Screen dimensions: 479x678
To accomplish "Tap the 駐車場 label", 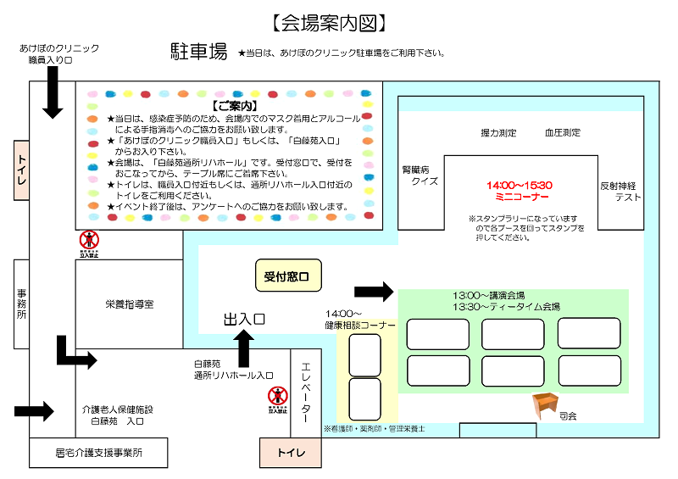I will pos(198,52).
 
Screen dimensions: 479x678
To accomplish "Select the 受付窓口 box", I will pos(289,276).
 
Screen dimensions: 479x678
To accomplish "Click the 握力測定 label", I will pos(498,133).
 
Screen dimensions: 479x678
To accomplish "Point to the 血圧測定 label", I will pos(563,133).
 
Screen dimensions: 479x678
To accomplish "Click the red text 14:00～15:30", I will pos(519,185).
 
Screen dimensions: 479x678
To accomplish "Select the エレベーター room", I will pos(306,390).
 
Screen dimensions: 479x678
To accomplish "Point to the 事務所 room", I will pos(22,304).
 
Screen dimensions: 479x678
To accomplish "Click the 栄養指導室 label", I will pos(129,304).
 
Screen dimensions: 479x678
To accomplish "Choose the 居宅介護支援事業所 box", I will pos(100,453).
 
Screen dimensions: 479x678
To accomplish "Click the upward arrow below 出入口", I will pos(244,348).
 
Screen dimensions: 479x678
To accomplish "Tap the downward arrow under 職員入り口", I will pos(53,92).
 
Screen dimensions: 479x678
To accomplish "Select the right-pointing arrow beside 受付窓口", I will pos(374,292).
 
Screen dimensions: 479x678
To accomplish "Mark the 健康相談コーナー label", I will pos(360,320).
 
